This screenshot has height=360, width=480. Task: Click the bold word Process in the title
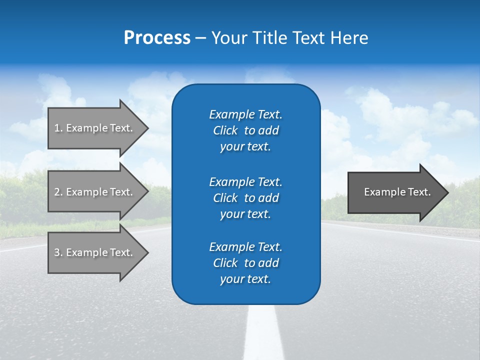(x=157, y=38)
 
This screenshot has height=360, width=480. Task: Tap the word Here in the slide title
(x=349, y=38)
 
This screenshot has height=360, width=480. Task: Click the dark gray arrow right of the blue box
(x=395, y=192)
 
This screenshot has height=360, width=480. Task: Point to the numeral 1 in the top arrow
(x=57, y=128)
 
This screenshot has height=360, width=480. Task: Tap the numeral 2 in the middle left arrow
(x=57, y=192)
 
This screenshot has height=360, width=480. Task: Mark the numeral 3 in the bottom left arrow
(x=57, y=252)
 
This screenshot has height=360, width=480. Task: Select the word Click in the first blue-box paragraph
(x=225, y=130)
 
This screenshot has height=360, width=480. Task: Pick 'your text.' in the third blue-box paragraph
(x=245, y=279)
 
